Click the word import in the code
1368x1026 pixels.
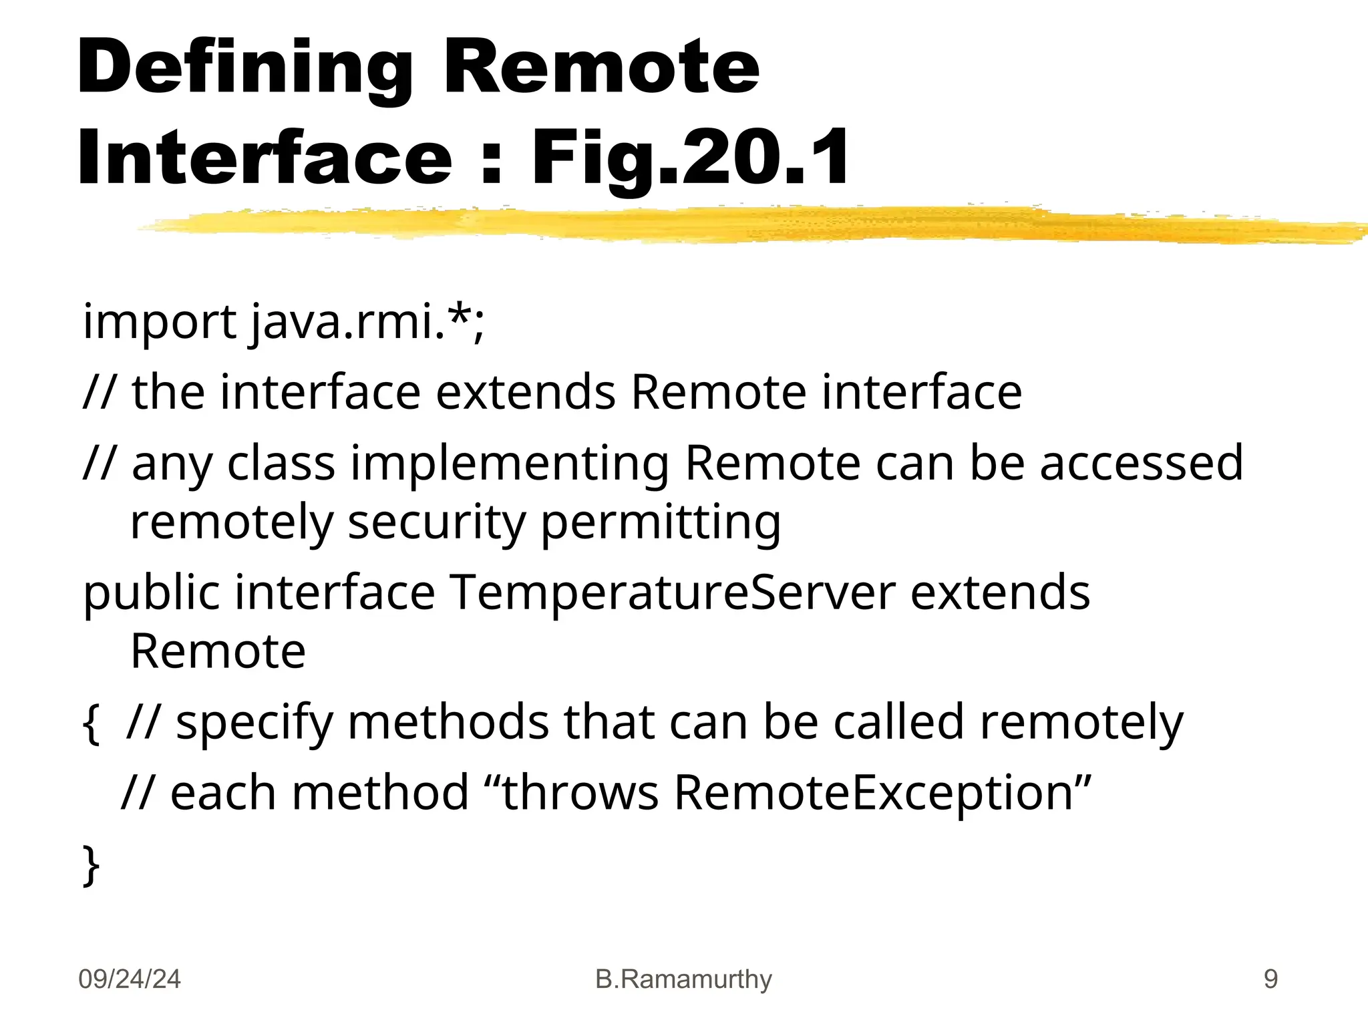click(159, 323)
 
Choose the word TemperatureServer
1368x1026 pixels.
click(672, 592)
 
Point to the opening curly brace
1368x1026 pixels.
click(91, 724)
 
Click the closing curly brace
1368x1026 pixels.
click(91, 866)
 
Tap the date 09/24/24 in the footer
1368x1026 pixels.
click(130, 979)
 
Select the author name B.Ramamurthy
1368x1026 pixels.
click(683, 979)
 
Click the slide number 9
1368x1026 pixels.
click(1270, 979)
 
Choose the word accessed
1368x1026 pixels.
click(1142, 463)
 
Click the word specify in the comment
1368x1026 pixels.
click(254, 724)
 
